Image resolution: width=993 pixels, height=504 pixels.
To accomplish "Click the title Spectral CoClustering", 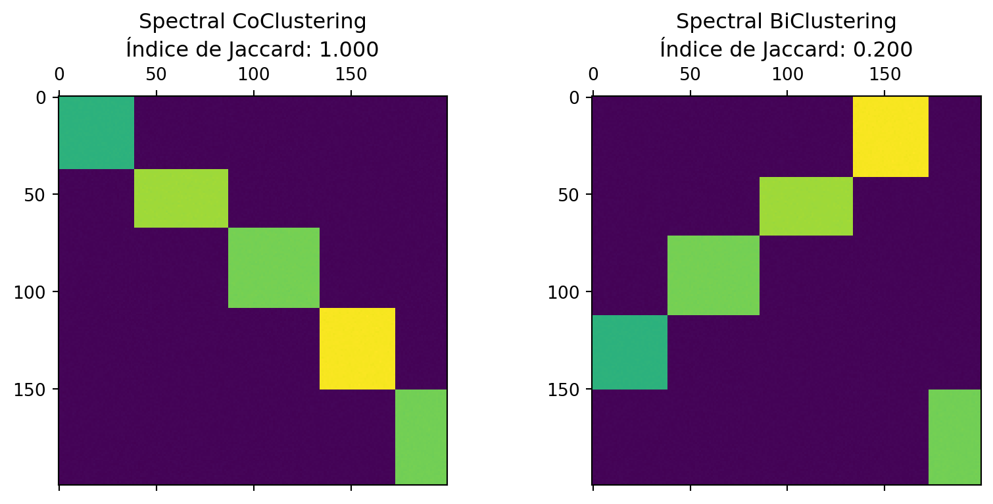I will click(x=253, y=22).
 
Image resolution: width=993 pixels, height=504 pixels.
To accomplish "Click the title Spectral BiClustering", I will click(x=786, y=22).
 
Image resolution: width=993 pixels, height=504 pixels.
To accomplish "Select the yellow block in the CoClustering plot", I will click(x=357, y=349).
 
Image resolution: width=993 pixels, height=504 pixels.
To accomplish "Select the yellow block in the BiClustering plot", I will click(x=890, y=137).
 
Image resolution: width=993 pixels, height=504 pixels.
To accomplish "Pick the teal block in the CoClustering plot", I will click(x=97, y=133).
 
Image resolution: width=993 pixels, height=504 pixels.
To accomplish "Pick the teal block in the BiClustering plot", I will click(x=630, y=352).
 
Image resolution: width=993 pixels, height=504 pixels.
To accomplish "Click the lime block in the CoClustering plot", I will click(x=181, y=198).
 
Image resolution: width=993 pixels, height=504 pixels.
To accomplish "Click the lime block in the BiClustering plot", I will click(x=806, y=206).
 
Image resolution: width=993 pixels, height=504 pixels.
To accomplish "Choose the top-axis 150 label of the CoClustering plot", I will click(x=351, y=74).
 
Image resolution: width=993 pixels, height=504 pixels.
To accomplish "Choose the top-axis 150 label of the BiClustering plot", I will click(x=884, y=74).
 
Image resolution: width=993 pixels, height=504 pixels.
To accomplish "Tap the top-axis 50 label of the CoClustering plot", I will click(x=156, y=74).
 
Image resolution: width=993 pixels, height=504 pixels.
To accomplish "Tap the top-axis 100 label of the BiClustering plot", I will click(x=787, y=74).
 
